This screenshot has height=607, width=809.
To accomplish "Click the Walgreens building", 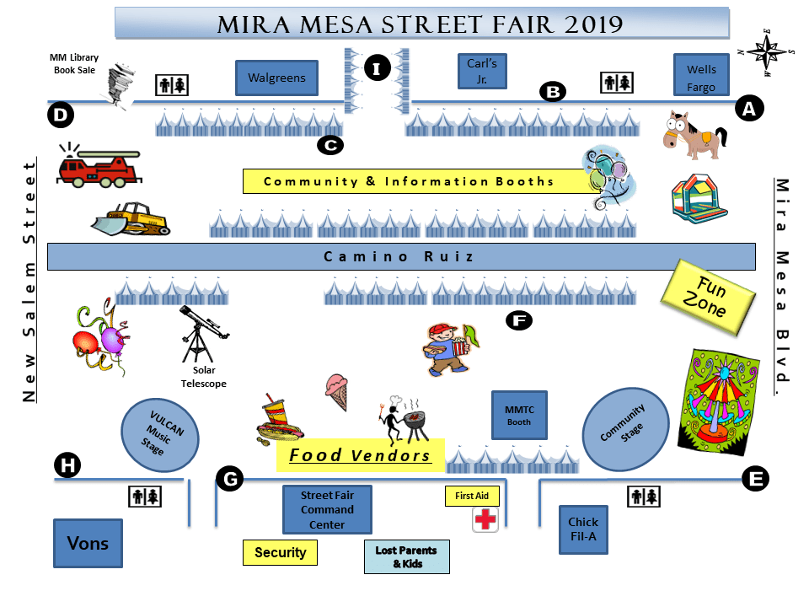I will click(x=276, y=78).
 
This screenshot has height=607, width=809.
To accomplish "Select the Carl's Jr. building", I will click(x=482, y=71).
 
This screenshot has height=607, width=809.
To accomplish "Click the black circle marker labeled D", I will click(x=60, y=115).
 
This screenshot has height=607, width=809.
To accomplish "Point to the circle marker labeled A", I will click(x=748, y=107).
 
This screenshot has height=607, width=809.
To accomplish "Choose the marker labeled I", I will click(x=377, y=67).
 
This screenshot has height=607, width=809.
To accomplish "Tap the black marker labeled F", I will click(x=518, y=320).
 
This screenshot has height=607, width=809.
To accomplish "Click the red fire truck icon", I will click(x=98, y=165).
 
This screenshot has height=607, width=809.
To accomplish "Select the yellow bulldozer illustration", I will click(x=131, y=219).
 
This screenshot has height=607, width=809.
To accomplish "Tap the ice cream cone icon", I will click(x=336, y=392).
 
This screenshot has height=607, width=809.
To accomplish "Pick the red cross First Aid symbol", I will click(x=485, y=519).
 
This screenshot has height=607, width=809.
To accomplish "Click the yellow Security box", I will click(x=280, y=552).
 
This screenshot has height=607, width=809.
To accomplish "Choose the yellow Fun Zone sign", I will click(x=705, y=296).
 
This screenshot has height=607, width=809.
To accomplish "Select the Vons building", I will click(x=88, y=542).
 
